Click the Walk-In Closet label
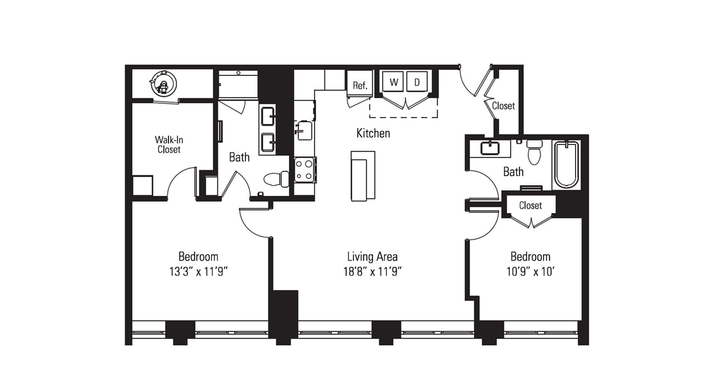(x=168, y=144)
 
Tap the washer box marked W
(x=393, y=82)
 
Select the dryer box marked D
(x=417, y=82)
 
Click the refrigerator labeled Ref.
(x=360, y=85)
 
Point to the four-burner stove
(x=304, y=170)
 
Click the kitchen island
(x=363, y=176)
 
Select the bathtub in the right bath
(x=566, y=164)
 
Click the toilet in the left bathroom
(x=276, y=179)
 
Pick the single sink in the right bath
(x=490, y=148)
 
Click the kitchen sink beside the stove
(x=304, y=131)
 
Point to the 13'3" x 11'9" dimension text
(x=198, y=272)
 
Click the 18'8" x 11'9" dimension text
(x=372, y=272)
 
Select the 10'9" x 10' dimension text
(x=530, y=272)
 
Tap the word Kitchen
(x=373, y=133)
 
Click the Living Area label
(x=372, y=257)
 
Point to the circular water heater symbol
(x=163, y=84)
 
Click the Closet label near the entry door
(x=503, y=106)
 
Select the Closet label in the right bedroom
(x=530, y=205)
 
